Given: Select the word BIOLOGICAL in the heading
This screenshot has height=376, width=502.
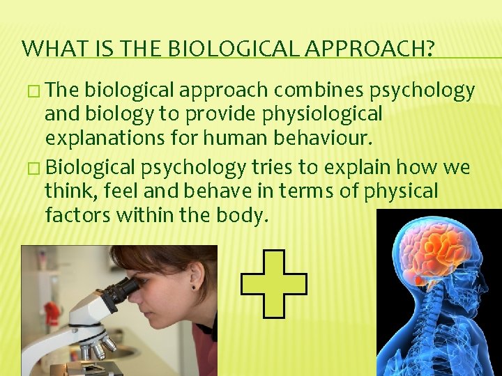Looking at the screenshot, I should tap(212, 49).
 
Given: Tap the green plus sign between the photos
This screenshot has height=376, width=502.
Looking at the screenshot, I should tap(273, 283).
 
